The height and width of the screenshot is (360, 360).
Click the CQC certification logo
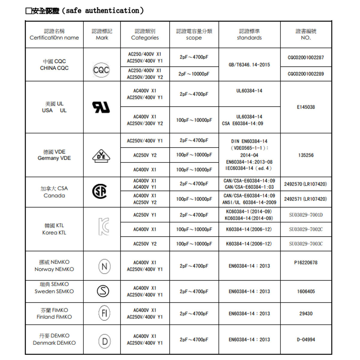point(101,70)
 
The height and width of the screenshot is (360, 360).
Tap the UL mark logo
point(101,107)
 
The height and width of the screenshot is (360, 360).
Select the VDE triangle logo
point(101,156)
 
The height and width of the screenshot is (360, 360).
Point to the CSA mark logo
point(100,191)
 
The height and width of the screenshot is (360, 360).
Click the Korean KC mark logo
point(104,227)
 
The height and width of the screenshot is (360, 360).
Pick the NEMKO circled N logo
point(104,266)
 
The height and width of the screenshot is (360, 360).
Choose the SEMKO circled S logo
point(103,291)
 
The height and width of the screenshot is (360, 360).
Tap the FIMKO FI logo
point(104,314)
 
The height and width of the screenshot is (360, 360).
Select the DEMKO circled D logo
point(104,341)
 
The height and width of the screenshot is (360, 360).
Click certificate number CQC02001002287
point(306,58)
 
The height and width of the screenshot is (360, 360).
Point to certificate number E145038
point(306,107)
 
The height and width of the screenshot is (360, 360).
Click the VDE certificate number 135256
point(306,155)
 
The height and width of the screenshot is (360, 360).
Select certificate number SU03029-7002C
point(306,229)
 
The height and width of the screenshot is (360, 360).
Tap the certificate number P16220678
point(306,263)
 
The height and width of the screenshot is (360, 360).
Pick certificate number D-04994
point(306,340)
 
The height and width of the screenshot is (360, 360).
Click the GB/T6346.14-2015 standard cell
point(249,65)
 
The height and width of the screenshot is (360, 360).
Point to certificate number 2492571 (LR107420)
point(305,199)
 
